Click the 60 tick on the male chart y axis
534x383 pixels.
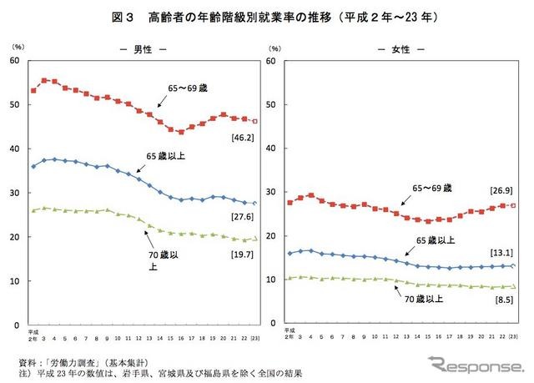tap(14, 61)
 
